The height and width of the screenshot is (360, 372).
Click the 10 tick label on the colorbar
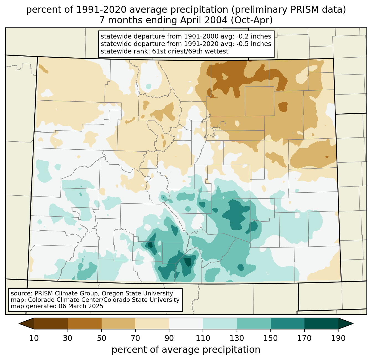pos(34,338)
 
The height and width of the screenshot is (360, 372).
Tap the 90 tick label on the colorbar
pos(169,338)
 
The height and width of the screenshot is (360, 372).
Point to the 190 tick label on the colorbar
pos(338,338)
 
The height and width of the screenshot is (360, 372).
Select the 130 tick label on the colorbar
pos(237,338)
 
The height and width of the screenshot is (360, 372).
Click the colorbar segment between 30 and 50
pos(85,323)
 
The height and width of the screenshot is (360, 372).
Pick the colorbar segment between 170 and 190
pos(321,323)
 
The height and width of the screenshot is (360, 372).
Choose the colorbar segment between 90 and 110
pos(186,323)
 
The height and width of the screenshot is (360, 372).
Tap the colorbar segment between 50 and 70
pos(118,323)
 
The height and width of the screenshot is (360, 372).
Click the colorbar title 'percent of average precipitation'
pos(186,350)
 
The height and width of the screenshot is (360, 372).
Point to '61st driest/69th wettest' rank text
pos(190,51)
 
